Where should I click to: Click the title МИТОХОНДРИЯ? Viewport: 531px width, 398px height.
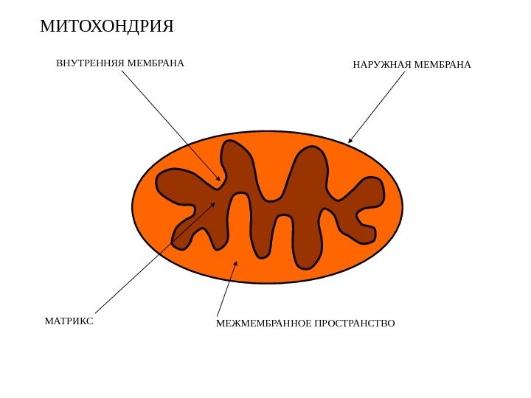click(107, 27)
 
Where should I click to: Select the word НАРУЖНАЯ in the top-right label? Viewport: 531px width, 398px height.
click(383, 66)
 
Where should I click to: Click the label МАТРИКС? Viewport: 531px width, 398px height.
click(69, 321)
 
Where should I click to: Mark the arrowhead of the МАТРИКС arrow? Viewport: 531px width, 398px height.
click(213, 205)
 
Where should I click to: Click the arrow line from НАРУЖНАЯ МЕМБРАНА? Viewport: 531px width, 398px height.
click(378, 105)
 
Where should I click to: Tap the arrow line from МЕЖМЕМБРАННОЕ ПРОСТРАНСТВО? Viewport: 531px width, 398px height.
click(226, 290)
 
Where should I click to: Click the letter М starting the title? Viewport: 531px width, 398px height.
click(46, 27)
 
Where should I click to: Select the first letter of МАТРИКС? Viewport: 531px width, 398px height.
click(48, 321)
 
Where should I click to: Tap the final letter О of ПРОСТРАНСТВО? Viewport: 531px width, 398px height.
click(391, 324)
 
